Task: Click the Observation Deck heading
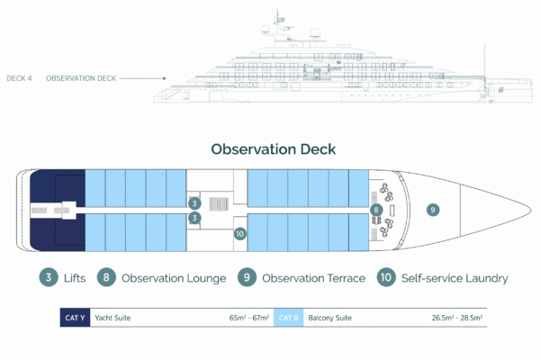coord(273,149)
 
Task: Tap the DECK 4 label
coord(19,79)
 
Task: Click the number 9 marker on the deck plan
coord(433,210)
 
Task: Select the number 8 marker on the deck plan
coord(376,210)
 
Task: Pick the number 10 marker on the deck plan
coord(238,233)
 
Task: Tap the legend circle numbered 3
coord(48,277)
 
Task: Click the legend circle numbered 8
coord(106,277)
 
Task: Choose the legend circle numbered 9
coord(247,277)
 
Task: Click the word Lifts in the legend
coord(76,278)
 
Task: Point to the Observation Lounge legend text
coord(173,278)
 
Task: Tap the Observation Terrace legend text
coord(313,278)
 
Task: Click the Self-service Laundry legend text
coord(456,278)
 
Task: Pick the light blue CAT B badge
coord(287,318)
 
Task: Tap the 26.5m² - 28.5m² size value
coord(456,318)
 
